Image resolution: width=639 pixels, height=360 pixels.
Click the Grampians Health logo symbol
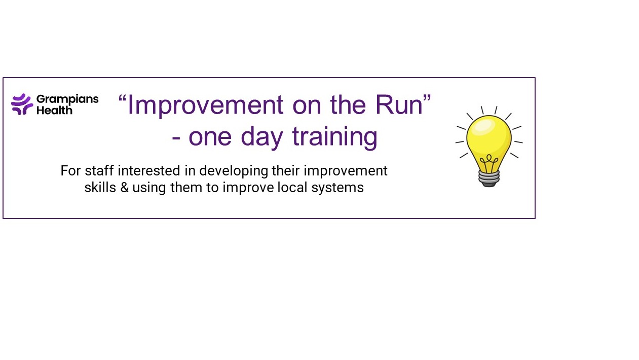[22, 104]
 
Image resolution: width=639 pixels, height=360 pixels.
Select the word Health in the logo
[55, 110]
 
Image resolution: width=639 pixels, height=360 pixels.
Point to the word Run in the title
[399, 105]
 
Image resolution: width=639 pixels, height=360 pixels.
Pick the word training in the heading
[335, 137]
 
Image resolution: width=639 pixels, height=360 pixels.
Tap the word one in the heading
[210, 139]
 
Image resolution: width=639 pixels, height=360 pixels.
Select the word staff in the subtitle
[99, 171]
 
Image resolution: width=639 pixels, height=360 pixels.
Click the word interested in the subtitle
[148, 171]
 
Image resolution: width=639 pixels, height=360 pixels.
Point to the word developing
[234, 171]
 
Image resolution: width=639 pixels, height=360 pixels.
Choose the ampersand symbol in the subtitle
[124, 188]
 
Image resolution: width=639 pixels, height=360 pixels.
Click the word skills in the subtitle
[100, 188]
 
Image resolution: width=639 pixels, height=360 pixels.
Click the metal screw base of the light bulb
[489, 178]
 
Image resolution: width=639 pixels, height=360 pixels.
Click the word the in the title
[348, 105]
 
